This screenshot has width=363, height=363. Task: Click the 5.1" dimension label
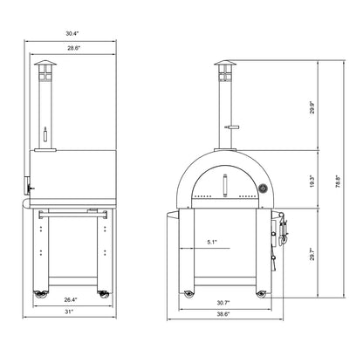coord(212,243)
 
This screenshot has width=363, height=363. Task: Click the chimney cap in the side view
coord(43,67)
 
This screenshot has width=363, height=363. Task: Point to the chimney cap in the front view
coord(226,67)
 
